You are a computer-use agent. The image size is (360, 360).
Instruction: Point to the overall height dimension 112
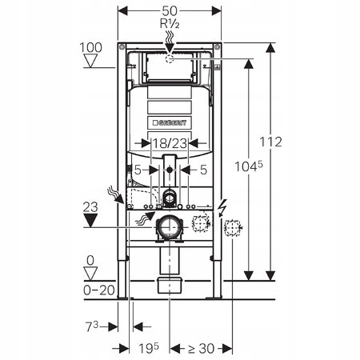pyautogui.click(x=271, y=142)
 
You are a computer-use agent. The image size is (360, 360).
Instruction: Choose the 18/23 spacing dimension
pyautogui.click(x=169, y=142)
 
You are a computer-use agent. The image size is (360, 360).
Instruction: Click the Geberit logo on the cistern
pyautogui.click(x=170, y=122)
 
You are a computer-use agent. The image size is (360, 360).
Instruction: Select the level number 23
pyautogui.click(x=92, y=206)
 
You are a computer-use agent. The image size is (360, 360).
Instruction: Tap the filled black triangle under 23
pyautogui.click(x=92, y=219)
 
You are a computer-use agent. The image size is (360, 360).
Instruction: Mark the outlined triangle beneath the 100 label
pyautogui.click(x=91, y=63)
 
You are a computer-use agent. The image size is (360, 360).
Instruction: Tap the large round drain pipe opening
pyautogui.click(x=170, y=228)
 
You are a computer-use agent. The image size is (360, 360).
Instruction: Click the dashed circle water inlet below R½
pyautogui.click(x=170, y=58)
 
